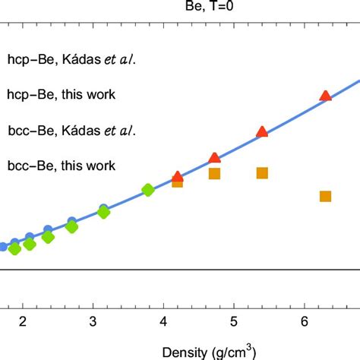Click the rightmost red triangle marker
[326, 96]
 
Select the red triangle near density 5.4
[262, 132]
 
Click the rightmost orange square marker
[326, 197]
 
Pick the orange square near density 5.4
[262, 173]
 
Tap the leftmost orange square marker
[177, 182]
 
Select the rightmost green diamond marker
[147, 190]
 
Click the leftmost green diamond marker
[15, 248]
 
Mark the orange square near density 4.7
[214, 174]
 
